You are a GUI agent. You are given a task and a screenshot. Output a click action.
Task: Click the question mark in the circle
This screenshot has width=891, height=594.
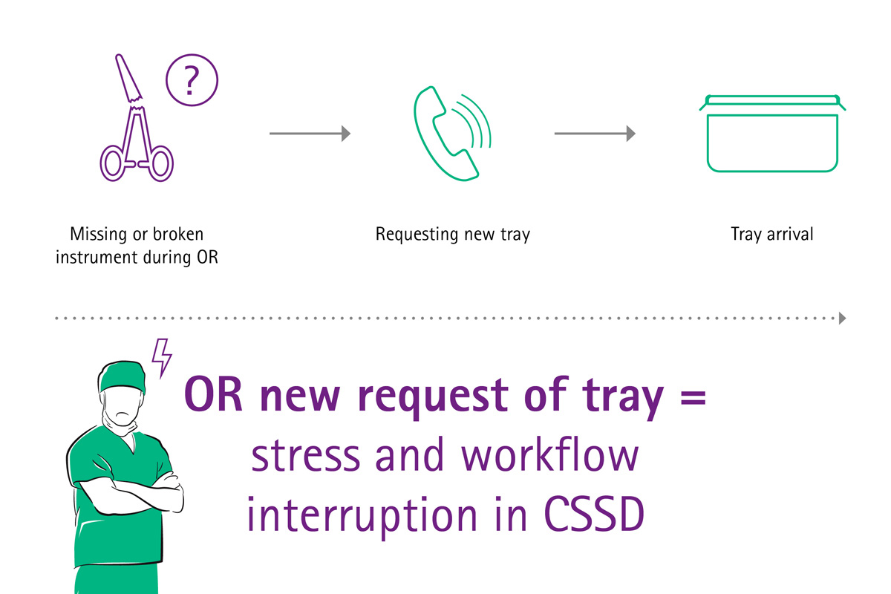pyautogui.click(x=192, y=81)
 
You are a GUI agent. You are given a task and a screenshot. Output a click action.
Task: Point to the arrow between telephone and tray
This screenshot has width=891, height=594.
pyautogui.click(x=595, y=134)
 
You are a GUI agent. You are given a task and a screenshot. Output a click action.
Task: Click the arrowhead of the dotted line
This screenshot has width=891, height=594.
pyautogui.click(x=842, y=319)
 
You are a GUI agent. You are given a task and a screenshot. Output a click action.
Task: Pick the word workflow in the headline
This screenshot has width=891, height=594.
pyautogui.click(x=549, y=457)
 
